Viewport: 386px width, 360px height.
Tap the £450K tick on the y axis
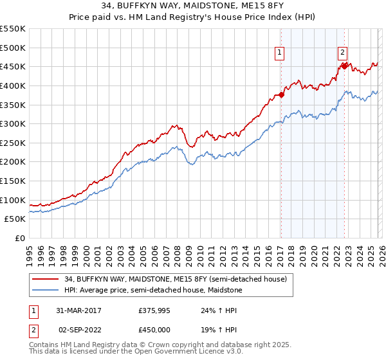pyautogui.click(x=13, y=66)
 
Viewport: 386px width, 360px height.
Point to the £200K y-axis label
pyautogui.click(x=13, y=161)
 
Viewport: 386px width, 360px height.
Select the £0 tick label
pyautogui.click(x=19, y=238)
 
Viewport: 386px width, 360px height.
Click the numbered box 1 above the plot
pyautogui.click(x=281, y=53)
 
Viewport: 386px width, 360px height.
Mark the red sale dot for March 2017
pyautogui.click(x=281, y=95)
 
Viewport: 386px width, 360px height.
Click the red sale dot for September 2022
pyautogui.click(x=344, y=66)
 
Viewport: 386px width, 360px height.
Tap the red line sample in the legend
pyautogui.click(x=45, y=278)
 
